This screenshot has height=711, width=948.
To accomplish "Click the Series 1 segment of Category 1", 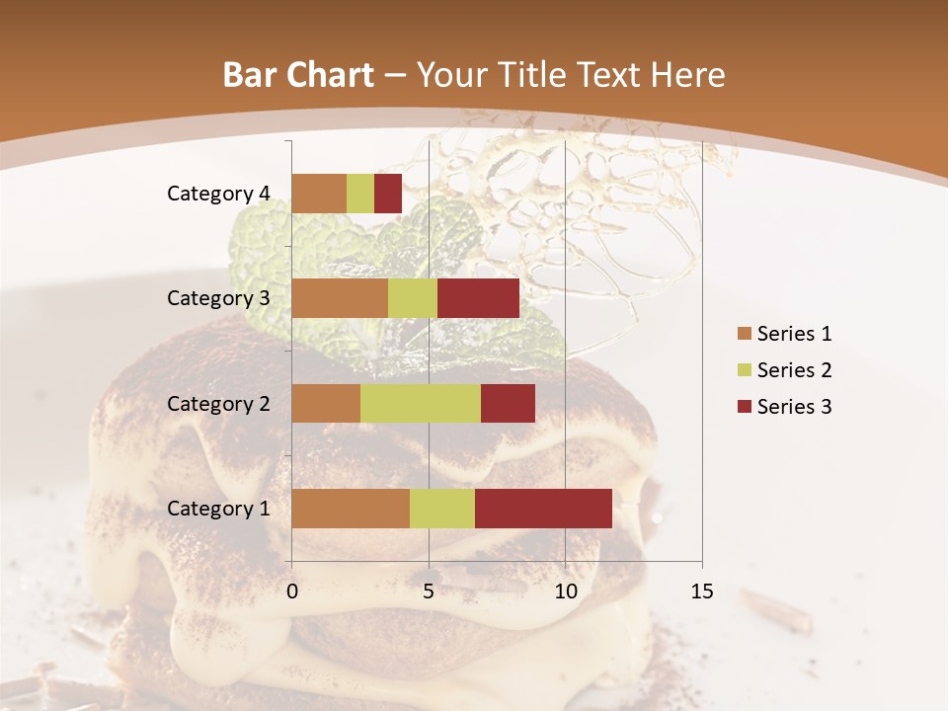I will [351, 509].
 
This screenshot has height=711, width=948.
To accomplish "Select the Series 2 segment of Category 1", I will [442, 509].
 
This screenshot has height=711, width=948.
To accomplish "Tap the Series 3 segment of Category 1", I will [543, 509].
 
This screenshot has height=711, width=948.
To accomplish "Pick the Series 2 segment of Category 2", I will [421, 403].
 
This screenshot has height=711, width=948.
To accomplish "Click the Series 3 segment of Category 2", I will [508, 403].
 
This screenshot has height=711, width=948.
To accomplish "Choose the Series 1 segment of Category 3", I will [340, 298].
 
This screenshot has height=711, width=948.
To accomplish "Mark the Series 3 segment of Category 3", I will [478, 298].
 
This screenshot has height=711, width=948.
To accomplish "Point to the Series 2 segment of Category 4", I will [360, 194].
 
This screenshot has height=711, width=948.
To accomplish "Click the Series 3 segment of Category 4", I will [388, 194].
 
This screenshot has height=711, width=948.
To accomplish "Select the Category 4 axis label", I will [218, 194].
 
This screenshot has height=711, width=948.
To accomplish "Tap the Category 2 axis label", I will [218, 403].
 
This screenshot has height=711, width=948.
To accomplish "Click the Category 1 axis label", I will [218, 509].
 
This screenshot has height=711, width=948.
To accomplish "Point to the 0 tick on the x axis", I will [292, 592].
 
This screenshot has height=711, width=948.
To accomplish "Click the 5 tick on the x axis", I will [429, 592].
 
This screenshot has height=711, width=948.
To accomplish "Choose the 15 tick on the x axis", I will [701, 592].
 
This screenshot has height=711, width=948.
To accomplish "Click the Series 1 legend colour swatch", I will [744, 334].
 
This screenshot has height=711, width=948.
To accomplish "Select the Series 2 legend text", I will [794, 370].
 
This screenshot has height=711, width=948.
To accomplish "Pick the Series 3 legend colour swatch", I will [744, 407].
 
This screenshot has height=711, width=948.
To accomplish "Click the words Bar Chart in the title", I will [298, 75].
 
